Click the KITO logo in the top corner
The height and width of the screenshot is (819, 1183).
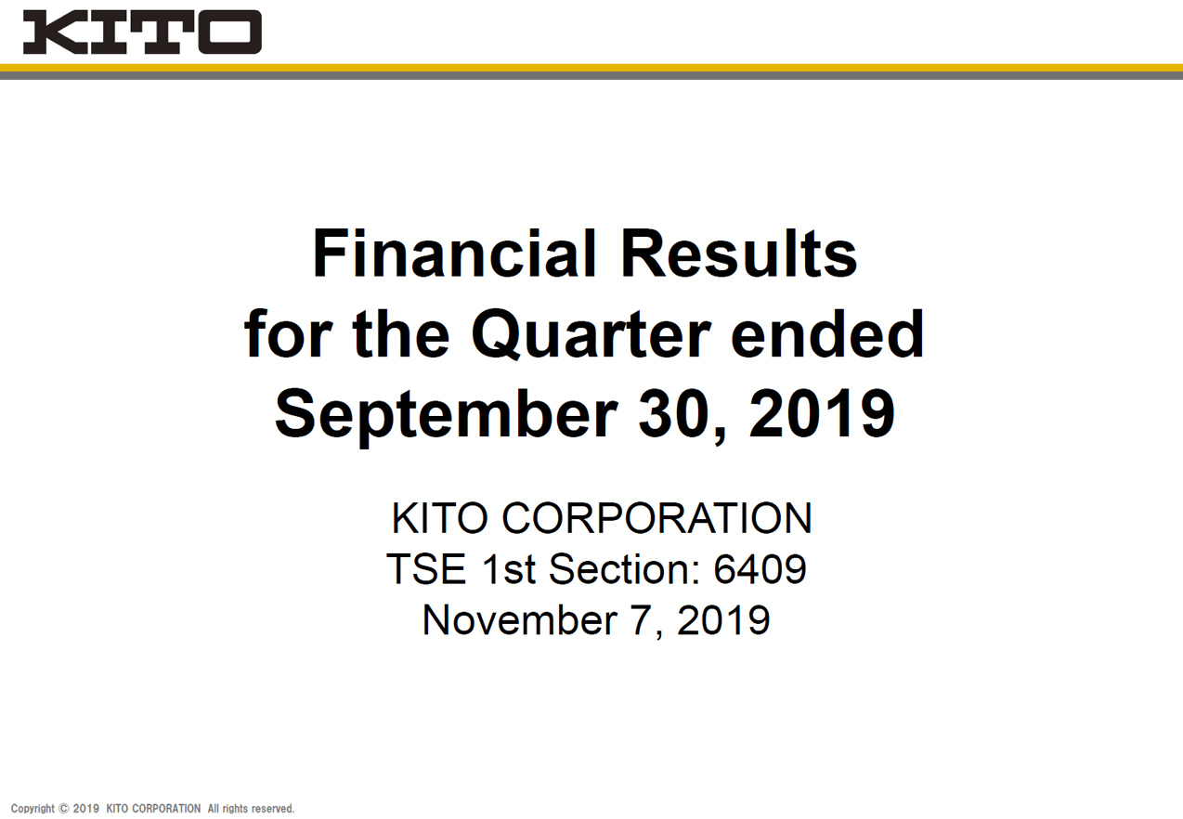142,32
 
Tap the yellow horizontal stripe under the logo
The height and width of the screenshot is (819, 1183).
591,68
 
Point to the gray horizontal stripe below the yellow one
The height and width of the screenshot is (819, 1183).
591,75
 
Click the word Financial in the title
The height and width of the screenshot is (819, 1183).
455,253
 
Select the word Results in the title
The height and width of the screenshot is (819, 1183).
739,253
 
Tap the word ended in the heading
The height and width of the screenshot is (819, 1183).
827,333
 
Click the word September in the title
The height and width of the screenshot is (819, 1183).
447,415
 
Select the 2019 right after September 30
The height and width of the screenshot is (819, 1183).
822,413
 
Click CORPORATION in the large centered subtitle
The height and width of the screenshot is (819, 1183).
656,518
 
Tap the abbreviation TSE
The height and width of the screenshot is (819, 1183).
426,569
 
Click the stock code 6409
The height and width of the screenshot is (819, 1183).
760,569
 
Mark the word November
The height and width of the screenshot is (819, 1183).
520,620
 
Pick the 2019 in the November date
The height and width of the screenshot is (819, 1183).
723,620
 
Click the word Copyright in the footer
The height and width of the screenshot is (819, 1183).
32,809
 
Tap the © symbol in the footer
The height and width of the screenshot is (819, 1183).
64,809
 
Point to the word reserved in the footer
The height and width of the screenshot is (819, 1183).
272,809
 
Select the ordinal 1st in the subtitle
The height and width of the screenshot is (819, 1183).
508,569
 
